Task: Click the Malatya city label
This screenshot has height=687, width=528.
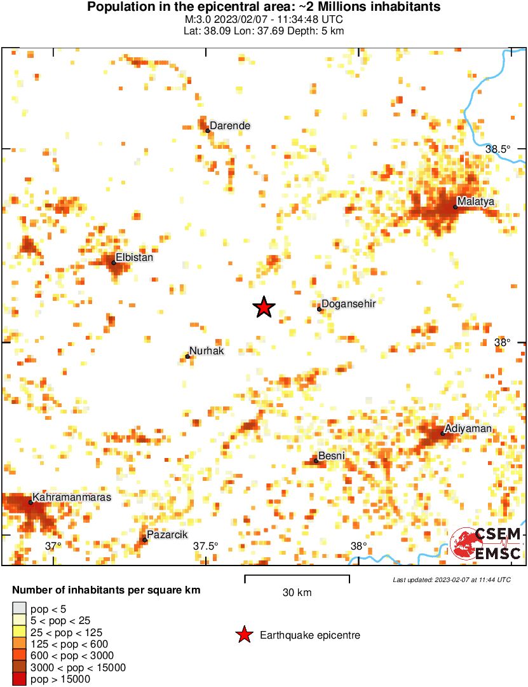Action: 476,202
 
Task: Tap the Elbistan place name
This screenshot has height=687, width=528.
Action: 135,258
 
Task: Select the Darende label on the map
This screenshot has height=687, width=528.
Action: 230,126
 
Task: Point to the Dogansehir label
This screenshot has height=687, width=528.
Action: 349,304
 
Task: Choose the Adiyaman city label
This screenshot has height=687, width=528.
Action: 468,429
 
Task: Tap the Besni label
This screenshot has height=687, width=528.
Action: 331,456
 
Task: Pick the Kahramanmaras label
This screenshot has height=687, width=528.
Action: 72,497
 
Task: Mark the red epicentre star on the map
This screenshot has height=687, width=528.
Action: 264,308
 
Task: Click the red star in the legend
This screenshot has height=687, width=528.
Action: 243,635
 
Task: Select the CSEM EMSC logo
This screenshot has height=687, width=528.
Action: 486,544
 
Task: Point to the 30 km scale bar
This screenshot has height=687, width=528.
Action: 297,578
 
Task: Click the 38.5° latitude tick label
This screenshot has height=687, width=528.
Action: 498,149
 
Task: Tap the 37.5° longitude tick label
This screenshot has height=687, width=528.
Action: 206,546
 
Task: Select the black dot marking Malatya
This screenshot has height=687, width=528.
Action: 456,207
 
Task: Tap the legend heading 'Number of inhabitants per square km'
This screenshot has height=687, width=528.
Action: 106,590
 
